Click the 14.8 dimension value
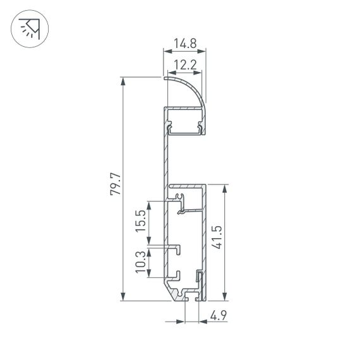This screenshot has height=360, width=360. pyautogui.click(x=184, y=44)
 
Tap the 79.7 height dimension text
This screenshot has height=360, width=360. pyautogui.click(x=114, y=188)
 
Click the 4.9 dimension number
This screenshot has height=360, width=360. pyautogui.click(x=219, y=314)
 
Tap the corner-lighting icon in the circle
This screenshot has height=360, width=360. pyautogui.click(x=30, y=30)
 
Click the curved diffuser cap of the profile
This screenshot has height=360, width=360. pyautogui.click(x=189, y=88)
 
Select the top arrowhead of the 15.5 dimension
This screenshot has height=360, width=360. pyautogui.click(x=149, y=204)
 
